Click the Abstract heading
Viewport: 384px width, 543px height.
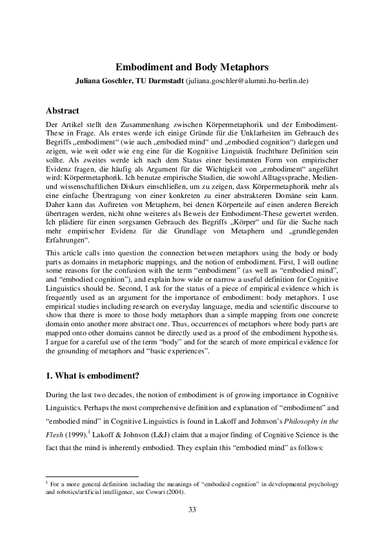coord(68,110)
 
